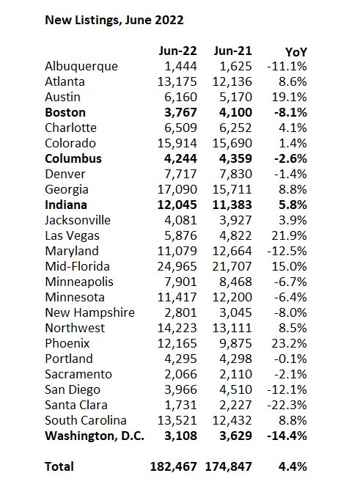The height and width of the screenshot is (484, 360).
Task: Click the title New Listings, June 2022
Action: (x=114, y=21)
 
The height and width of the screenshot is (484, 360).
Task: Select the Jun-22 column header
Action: (x=178, y=51)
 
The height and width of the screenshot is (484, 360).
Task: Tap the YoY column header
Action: (x=296, y=52)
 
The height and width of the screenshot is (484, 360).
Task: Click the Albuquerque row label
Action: (x=81, y=67)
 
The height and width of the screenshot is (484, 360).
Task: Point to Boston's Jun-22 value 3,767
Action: (x=180, y=112)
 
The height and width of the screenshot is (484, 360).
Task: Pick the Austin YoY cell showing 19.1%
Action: (x=290, y=97)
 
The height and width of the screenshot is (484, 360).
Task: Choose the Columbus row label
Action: (x=73, y=158)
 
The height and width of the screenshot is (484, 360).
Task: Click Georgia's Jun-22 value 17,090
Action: (x=177, y=189)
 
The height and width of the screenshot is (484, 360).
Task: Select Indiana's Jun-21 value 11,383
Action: (x=232, y=205)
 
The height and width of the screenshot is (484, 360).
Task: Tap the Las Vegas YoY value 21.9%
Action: (x=290, y=236)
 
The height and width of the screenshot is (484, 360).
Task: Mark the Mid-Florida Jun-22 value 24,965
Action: (x=177, y=267)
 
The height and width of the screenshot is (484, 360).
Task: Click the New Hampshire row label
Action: (x=90, y=312)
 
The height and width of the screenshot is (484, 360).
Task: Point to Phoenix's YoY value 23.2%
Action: (x=290, y=343)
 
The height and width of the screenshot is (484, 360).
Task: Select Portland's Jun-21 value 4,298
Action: (x=235, y=359)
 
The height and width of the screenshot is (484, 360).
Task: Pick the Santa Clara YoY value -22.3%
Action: (x=287, y=406)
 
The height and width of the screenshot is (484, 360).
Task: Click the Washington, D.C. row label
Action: (x=95, y=436)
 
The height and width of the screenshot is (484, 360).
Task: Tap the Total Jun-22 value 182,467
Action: (x=174, y=466)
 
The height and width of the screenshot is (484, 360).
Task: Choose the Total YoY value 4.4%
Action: (x=293, y=466)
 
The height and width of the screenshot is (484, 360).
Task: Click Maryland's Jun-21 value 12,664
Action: (x=232, y=252)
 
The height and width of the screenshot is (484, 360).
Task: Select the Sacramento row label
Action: (x=78, y=375)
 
